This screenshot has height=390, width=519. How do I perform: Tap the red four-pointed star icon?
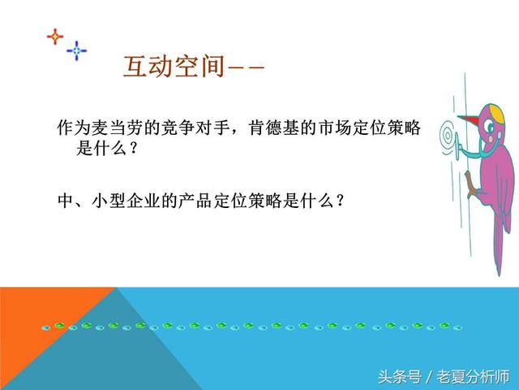(x=54, y=37)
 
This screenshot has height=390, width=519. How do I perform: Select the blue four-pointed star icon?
(x=77, y=50)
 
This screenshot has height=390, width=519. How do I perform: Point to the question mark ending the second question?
(x=350, y=200)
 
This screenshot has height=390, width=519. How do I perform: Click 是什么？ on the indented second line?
(x=106, y=149)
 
